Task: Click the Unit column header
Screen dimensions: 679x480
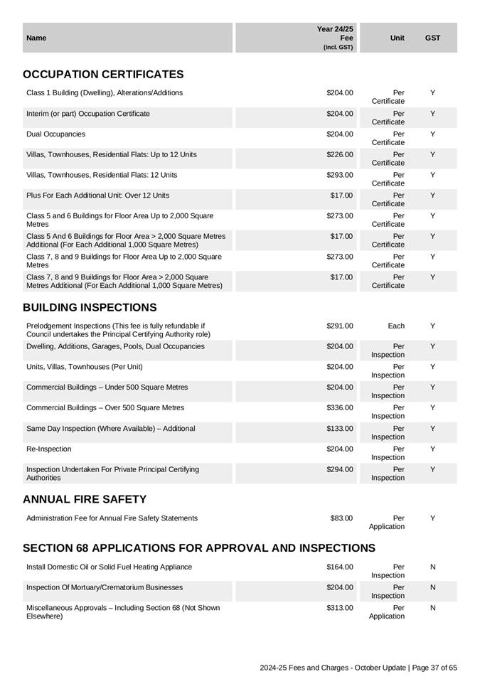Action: (398, 38)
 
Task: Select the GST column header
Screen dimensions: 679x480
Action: (432, 38)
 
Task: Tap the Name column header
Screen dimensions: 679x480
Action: (36, 38)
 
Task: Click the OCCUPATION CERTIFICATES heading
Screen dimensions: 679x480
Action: (103, 75)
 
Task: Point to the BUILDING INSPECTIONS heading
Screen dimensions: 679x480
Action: (90, 308)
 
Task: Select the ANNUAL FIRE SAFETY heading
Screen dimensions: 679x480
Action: (85, 500)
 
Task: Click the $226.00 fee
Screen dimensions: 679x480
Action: (339, 154)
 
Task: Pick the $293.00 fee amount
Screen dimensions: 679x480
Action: (339, 175)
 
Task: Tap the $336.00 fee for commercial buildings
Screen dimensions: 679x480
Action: (339, 408)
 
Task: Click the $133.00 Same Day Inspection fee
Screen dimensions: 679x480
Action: (339, 429)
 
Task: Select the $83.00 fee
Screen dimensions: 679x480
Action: (341, 518)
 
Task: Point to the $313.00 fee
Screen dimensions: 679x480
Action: (339, 608)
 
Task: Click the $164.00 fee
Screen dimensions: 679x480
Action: (339, 567)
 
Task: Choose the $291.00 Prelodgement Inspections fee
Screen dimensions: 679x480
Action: (339, 326)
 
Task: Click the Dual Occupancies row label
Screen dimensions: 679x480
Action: (55, 134)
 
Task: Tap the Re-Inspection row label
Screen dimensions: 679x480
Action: (49, 449)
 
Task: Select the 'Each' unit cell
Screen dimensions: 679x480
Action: (396, 326)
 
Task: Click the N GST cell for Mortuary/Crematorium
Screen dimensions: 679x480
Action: (433, 588)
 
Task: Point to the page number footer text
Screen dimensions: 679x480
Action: (358, 668)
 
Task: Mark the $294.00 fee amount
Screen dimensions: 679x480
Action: (339, 470)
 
